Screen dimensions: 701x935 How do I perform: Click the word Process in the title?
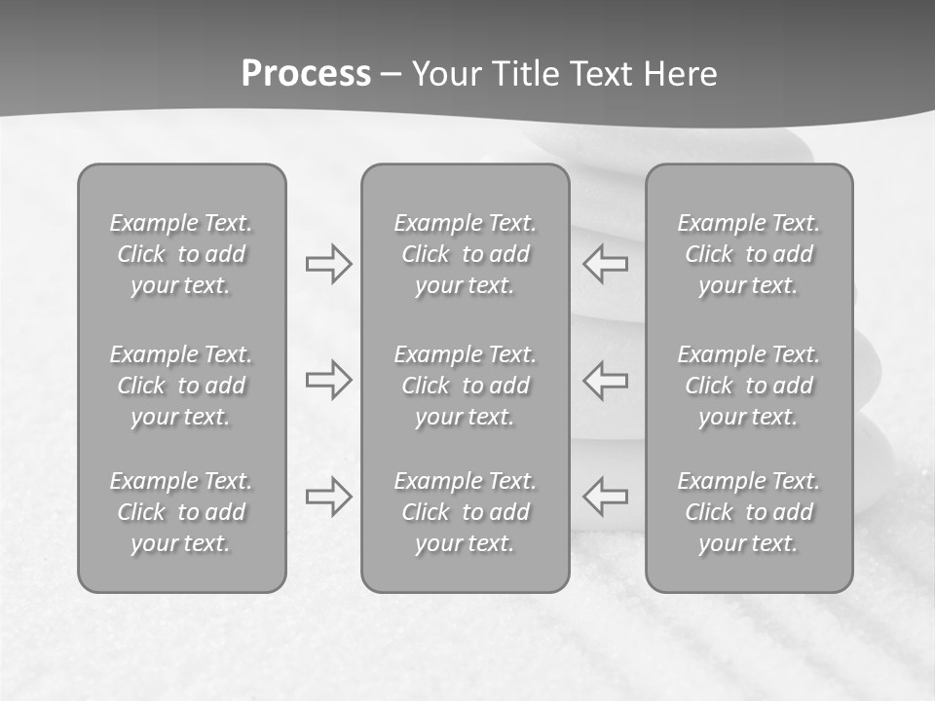pyautogui.click(x=306, y=74)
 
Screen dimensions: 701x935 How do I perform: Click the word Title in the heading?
pyautogui.click(x=521, y=74)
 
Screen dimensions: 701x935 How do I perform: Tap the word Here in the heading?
pyautogui.click(x=680, y=74)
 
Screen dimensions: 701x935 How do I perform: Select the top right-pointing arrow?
pyautogui.click(x=328, y=264)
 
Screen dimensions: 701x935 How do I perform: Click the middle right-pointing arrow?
pyautogui.click(x=328, y=380)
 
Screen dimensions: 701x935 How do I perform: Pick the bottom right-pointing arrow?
pyautogui.click(x=328, y=496)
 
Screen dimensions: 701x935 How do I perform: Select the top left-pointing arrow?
pyautogui.click(x=605, y=264)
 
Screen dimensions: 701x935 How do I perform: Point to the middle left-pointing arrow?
pyautogui.click(x=605, y=380)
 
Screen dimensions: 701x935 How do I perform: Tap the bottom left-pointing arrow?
pyautogui.click(x=605, y=496)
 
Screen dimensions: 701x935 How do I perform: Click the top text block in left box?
pyautogui.click(x=181, y=254)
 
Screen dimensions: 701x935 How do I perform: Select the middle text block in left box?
pyautogui.click(x=181, y=386)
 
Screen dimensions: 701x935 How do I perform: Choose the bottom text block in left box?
pyautogui.click(x=181, y=512)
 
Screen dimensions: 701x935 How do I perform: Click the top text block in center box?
pyautogui.click(x=466, y=254)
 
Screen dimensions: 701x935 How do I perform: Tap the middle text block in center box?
pyautogui.click(x=466, y=386)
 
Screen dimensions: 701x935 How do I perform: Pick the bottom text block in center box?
pyautogui.click(x=466, y=512)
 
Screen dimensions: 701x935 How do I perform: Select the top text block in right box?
pyautogui.click(x=749, y=254)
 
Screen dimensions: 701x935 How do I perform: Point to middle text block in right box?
pyautogui.click(x=749, y=386)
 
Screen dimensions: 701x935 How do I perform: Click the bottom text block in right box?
pyautogui.click(x=749, y=512)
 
